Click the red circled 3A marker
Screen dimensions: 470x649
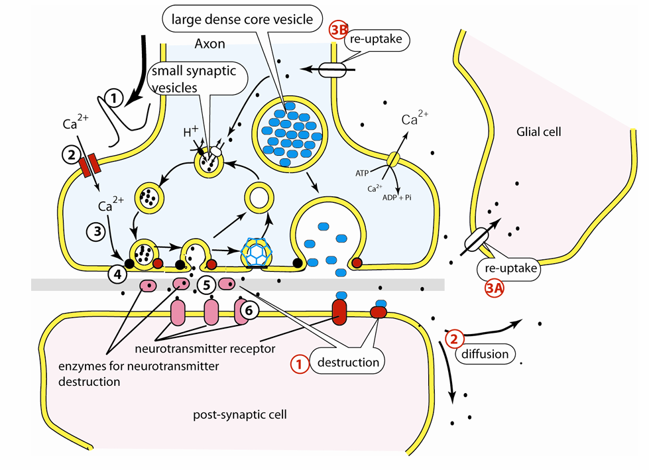(x=493, y=289)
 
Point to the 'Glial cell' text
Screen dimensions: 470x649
(x=538, y=132)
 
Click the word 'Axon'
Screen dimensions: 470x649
(x=210, y=44)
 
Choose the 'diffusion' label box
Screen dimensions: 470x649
(x=485, y=354)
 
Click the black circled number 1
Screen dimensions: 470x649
(x=117, y=99)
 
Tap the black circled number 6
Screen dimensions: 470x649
(x=249, y=310)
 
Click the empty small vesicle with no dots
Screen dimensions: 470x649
(x=260, y=198)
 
